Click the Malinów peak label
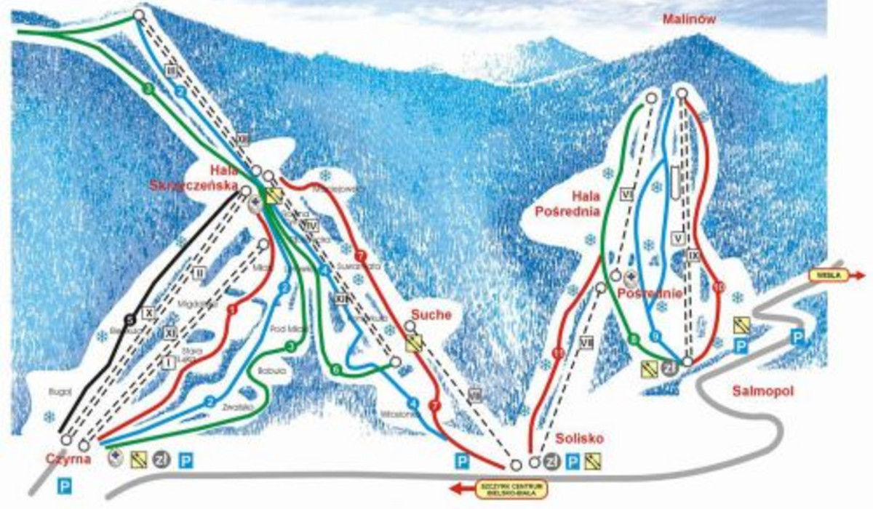[689, 20]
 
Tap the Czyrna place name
[68, 460]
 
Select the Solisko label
[580, 438]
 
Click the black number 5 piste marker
[129, 318]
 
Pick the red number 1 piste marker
[234, 310]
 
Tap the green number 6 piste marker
[335, 370]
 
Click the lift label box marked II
[196, 273]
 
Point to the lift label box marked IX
[693, 255]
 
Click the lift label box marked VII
[586, 342]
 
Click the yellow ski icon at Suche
[414, 343]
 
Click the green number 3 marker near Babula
[290, 347]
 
